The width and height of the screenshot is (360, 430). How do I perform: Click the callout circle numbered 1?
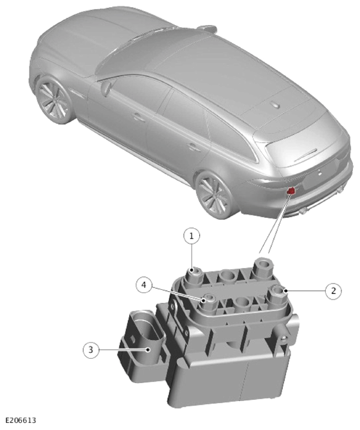[x=192, y=236]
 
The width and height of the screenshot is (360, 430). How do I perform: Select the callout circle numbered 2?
[x=333, y=291]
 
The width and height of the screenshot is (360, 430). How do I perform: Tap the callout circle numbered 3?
[x=91, y=350]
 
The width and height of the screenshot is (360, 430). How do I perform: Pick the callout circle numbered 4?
[x=144, y=285]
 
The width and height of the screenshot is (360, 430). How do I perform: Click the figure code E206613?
[x=21, y=420]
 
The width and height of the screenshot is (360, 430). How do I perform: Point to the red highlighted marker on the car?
[x=291, y=191]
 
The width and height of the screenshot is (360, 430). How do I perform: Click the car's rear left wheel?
[x=213, y=195]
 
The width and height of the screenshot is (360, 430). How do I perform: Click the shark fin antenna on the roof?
[x=275, y=105]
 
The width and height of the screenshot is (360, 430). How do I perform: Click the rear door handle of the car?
[x=194, y=147]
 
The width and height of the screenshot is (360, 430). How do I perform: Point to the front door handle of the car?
[x=139, y=116]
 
